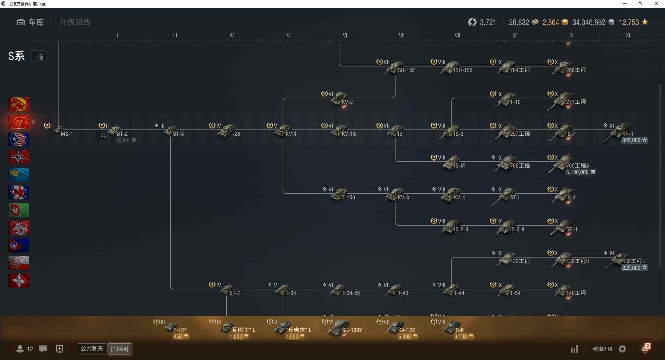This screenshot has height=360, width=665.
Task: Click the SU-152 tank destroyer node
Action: coord(397,67)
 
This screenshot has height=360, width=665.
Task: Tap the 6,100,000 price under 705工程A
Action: coord(577,172)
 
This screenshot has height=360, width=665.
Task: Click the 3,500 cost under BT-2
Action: coord(123,141)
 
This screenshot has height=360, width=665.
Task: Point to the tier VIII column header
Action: coord(458,36)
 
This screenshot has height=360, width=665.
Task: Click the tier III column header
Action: coord(175,36)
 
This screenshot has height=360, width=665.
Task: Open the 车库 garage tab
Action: coord(30,22)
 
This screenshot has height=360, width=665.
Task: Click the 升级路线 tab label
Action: coord(75,22)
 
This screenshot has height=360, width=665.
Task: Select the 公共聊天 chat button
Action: coord(92,349)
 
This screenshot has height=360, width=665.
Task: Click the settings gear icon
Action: coord(622,349)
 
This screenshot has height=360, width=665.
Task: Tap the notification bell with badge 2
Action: coord(645,349)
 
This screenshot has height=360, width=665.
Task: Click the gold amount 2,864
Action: coord(551,22)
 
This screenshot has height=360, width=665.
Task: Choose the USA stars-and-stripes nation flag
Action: coord(19,139)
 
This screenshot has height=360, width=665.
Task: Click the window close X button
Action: coord(656,4)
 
